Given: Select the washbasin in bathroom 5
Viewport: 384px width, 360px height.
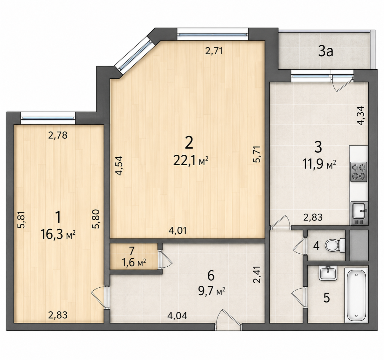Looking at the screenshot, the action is coord(328,273).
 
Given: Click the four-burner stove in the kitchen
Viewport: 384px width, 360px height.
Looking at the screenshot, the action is coord(359,172).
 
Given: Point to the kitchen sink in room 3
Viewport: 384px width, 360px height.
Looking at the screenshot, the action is coord(359,210).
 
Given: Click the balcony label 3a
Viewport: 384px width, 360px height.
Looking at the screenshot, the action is coord(326,52).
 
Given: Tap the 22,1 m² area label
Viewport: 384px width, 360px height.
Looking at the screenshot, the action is coord(191,161).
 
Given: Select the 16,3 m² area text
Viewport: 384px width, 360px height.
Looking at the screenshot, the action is coord(58,235).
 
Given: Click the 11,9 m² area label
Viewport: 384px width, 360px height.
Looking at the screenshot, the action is coord(319,165).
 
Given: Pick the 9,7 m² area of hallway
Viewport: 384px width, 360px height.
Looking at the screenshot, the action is coord(212,291).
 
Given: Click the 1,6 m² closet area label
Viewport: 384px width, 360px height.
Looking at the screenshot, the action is coord(134,263).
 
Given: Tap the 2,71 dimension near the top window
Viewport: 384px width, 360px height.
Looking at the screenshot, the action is coord(214,51).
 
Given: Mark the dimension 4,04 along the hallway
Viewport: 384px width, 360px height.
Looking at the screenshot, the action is coord(177,316).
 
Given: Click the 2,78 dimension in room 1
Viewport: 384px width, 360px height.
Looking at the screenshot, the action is coord(58,135).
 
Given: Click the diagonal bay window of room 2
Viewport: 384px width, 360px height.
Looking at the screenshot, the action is coord(133,55).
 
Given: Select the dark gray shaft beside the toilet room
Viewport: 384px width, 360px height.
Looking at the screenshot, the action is coord(359,245).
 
